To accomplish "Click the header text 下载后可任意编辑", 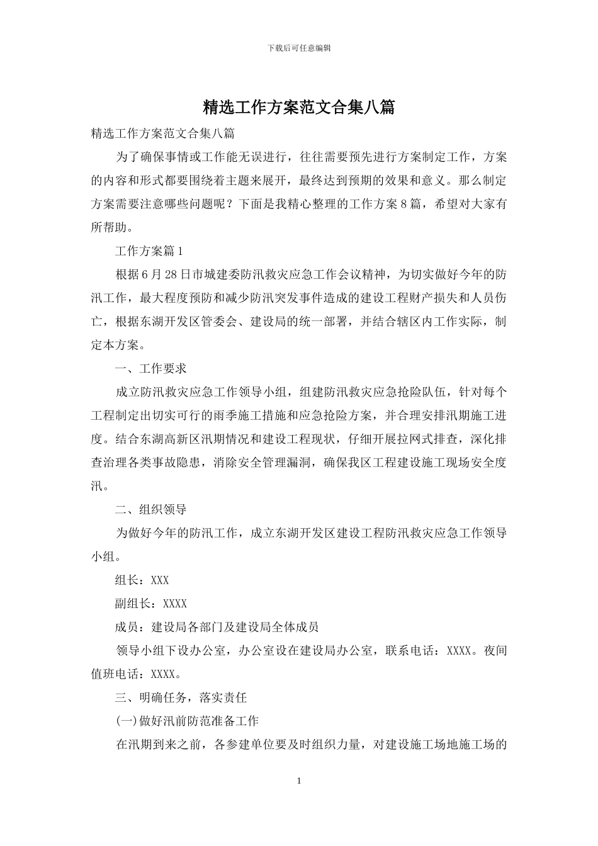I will pos(299,48).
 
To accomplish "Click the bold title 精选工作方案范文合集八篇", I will pos(299,108).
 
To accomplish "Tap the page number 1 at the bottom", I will pos(299,781).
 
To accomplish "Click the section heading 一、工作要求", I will pos(151,369).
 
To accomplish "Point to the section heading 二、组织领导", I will pos(151,510).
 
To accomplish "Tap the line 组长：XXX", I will pos(142,580).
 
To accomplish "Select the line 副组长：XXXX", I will pos(151,604).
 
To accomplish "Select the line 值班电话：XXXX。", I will pos(137,674).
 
